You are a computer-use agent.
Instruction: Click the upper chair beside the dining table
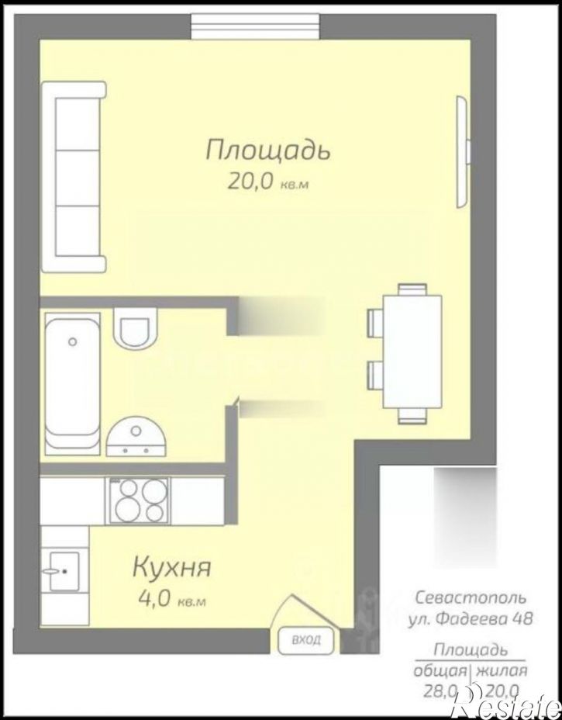tap(374, 321)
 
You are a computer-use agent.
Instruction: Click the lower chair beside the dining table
tap(374, 374)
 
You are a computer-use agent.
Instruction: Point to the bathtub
tap(72, 383)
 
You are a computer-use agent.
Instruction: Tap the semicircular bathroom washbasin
tap(136, 437)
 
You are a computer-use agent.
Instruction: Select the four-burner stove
tap(140, 500)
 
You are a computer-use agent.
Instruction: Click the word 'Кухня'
tap(171, 568)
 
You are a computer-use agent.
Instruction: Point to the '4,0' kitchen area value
tap(154, 600)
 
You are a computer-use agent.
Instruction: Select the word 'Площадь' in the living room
tap(267, 150)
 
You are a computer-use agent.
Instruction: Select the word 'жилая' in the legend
tap(502, 671)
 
